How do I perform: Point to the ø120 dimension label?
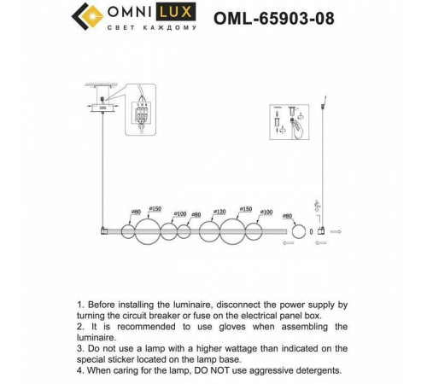point(219,211)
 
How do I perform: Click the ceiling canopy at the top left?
point(102,108)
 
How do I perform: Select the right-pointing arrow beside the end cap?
point(336,231)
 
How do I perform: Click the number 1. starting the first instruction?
point(82,304)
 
